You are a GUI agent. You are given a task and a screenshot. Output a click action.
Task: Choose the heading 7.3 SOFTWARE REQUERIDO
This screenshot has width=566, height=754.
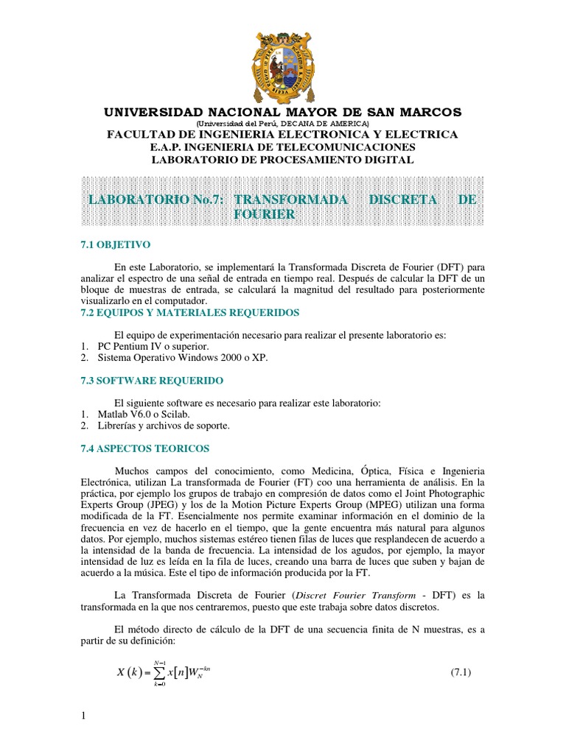click(x=151, y=380)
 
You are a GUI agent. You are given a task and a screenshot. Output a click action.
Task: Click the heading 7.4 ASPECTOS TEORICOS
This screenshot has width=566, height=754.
click(x=144, y=448)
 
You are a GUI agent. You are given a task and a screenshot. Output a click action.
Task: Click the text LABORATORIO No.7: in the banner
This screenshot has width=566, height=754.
click(x=155, y=200)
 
